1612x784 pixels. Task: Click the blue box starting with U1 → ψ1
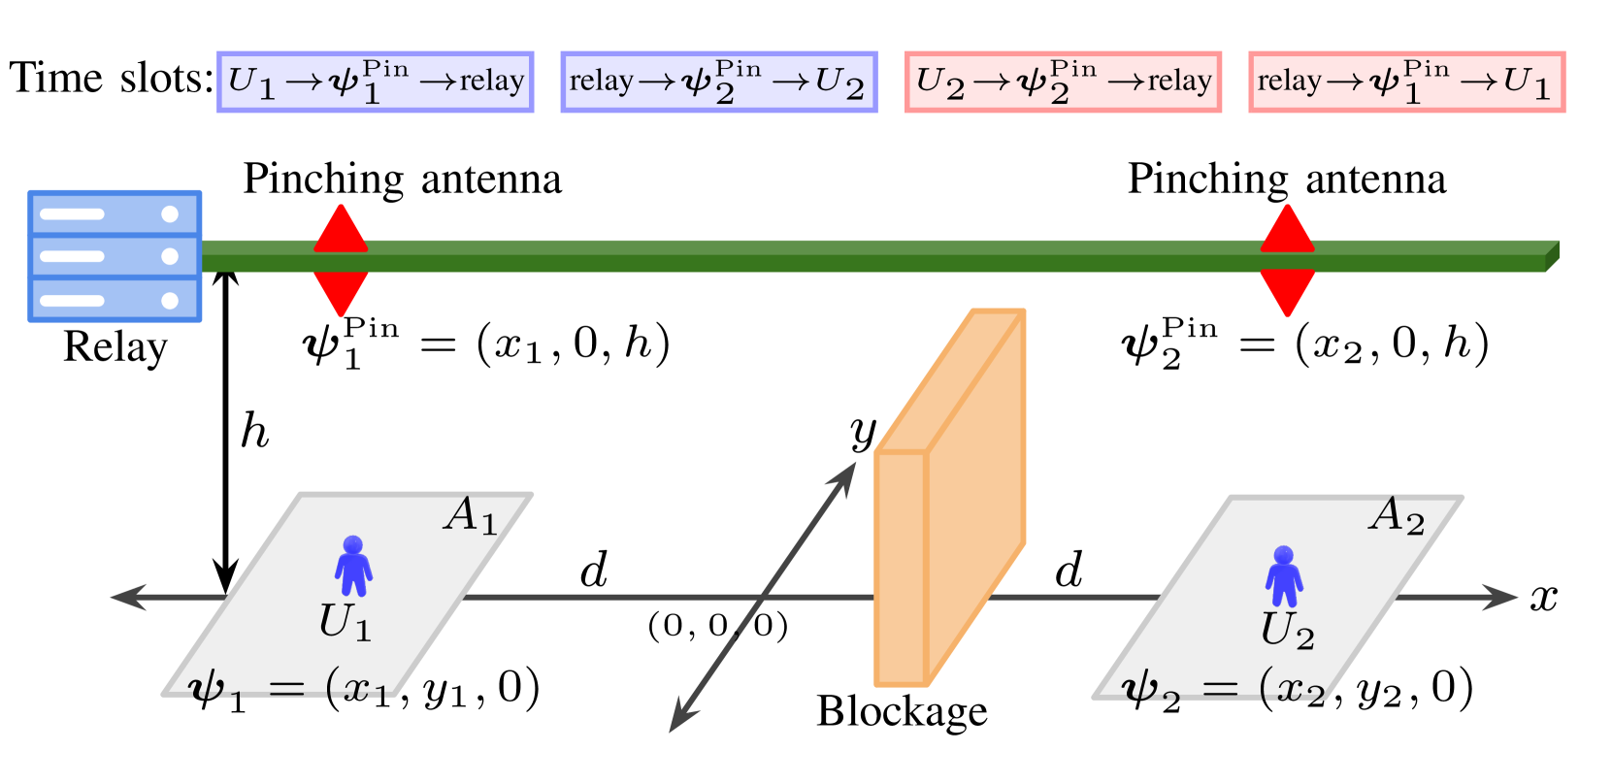(x=376, y=82)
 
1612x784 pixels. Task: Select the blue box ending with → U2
(x=718, y=82)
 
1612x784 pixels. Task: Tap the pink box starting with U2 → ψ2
(x=1063, y=82)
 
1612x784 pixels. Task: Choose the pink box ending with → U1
(x=1406, y=82)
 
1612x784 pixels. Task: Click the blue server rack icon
(x=115, y=256)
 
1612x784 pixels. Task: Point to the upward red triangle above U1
(x=341, y=231)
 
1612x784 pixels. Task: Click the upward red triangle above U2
(x=1287, y=231)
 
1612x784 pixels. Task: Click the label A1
(x=471, y=515)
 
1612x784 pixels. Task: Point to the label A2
(x=1396, y=515)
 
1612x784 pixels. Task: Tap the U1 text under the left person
(x=345, y=622)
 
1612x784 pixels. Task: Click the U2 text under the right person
(x=1287, y=631)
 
